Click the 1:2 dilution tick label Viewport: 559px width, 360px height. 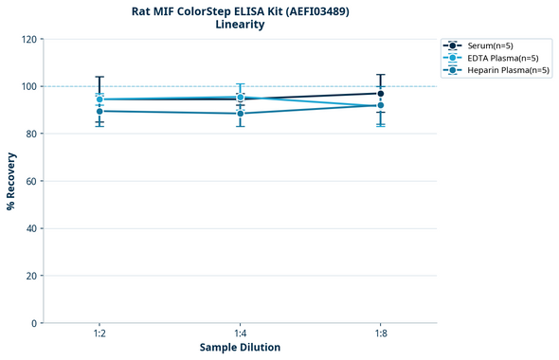(x=99, y=334)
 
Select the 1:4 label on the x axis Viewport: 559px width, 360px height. (x=240, y=334)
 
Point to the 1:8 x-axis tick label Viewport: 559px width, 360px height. (x=380, y=334)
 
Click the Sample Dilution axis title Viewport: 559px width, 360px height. (x=240, y=348)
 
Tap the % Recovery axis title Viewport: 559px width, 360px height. (x=11, y=181)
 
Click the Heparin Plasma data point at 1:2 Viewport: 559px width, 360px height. (x=99, y=111)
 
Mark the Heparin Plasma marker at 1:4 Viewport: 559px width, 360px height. (x=240, y=114)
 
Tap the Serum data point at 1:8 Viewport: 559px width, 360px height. (x=380, y=93)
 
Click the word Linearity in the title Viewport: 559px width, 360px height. (x=240, y=25)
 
